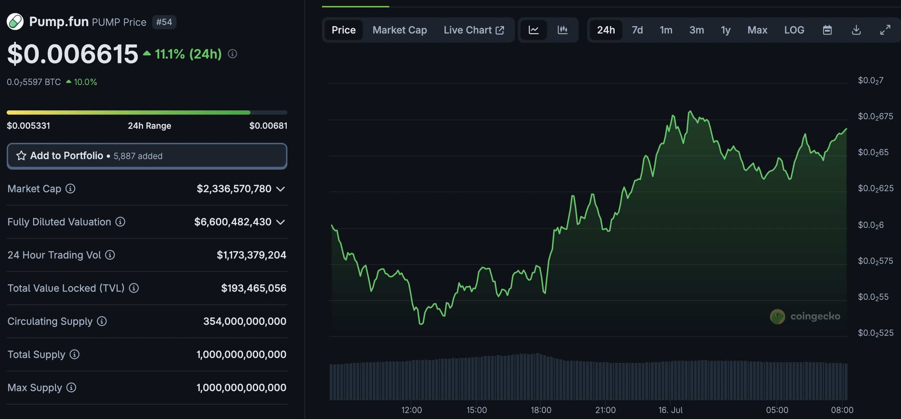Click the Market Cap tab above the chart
point(399,30)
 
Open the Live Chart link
point(474,30)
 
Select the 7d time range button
point(637,30)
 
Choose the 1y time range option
point(726,30)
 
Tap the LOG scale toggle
point(794,30)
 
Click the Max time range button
point(757,30)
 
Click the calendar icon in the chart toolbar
point(827,30)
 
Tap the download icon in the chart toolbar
point(856,30)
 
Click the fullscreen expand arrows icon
point(885,30)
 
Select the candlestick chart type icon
point(563,30)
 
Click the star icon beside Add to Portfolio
point(21,156)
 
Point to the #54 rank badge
point(164,22)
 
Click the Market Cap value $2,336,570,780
point(234,189)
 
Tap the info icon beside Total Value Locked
point(134,288)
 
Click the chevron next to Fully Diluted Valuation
point(280,222)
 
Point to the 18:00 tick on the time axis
point(541,410)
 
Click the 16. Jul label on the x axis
point(670,410)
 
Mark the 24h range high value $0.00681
point(268,126)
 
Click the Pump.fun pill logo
point(15,22)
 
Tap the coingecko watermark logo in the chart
point(777,316)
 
